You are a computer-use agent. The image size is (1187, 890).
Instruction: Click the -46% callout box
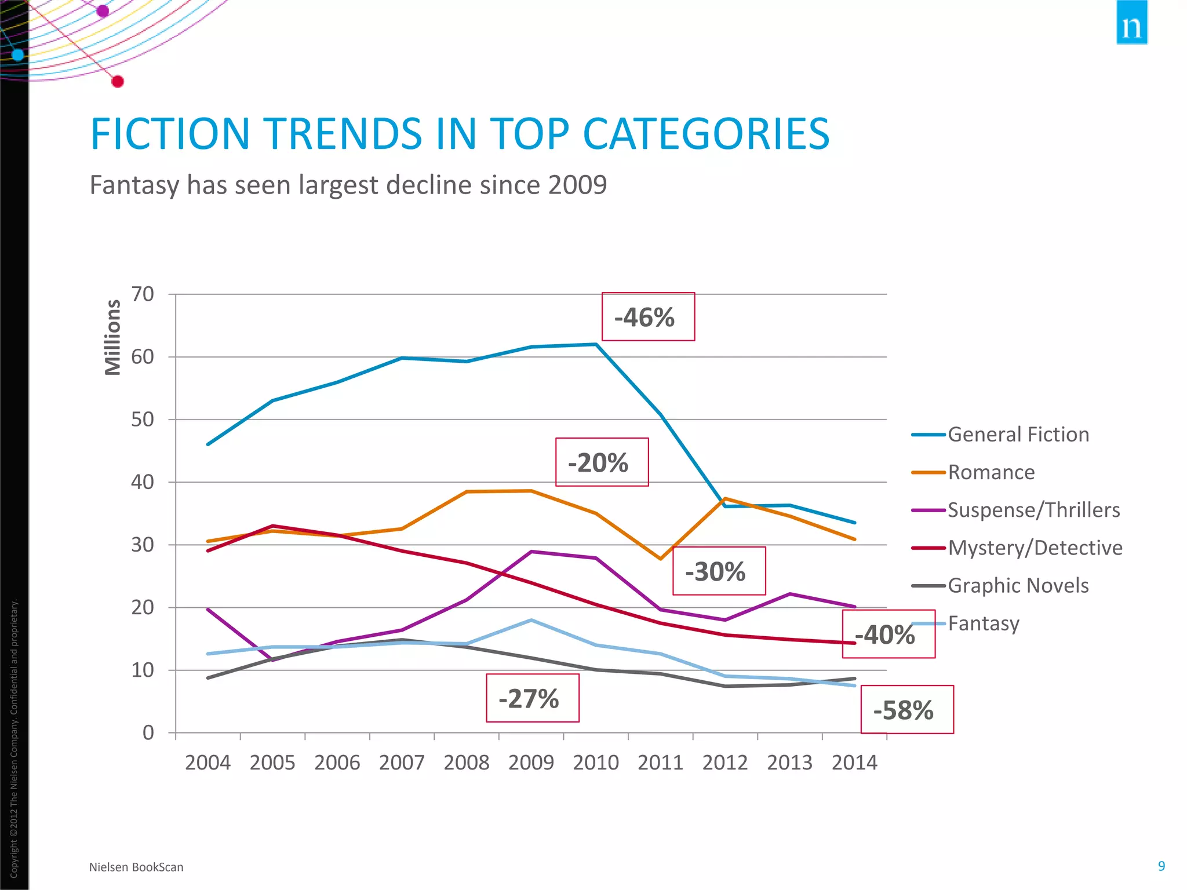(648, 317)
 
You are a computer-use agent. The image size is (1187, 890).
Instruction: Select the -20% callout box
(602, 462)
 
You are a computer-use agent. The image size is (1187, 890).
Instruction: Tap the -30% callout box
(719, 571)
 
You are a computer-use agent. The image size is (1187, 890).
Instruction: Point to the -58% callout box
(906, 710)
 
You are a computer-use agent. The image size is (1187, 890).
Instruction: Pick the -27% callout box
(532, 698)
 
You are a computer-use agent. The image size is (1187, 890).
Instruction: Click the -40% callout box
(888, 634)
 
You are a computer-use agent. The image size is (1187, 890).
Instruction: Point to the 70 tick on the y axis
(143, 294)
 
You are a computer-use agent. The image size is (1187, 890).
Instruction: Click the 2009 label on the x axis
(531, 763)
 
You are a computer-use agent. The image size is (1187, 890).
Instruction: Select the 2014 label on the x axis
(854, 763)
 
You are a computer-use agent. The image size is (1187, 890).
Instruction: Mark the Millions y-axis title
(112, 338)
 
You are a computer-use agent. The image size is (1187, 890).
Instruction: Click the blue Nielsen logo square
(1131, 23)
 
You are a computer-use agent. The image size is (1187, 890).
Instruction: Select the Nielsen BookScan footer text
(136, 867)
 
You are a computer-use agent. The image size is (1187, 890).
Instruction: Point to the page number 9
(1161, 866)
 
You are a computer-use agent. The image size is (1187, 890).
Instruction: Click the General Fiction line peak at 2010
(596, 345)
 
